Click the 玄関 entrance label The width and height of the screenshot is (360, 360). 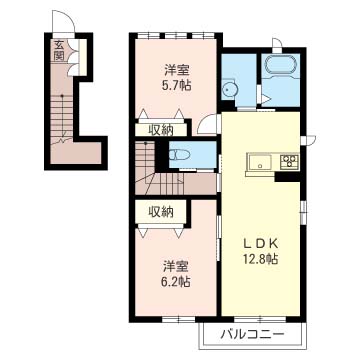[x=59, y=51]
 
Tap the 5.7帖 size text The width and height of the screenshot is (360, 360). [x=177, y=86]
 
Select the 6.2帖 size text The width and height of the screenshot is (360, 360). [x=177, y=282]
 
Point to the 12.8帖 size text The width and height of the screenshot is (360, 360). [x=261, y=259]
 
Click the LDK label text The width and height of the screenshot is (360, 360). [x=261, y=244]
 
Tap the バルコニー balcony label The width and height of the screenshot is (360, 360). [x=253, y=334]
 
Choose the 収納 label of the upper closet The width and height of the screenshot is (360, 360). [x=161, y=130]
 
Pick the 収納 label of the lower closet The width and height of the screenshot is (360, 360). [x=161, y=212]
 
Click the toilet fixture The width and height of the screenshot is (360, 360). [x=179, y=154]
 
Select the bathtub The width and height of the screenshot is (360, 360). [x=280, y=64]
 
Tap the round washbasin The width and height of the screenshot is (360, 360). [x=229, y=89]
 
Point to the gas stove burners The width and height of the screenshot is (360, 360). [x=289, y=162]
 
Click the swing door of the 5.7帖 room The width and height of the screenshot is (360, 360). [x=207, y=124]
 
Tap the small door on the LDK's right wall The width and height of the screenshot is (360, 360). [x=308, y=140]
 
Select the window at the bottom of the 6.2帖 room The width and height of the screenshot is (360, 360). [x=179, y=319]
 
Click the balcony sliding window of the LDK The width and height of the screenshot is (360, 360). [x=260, y=319]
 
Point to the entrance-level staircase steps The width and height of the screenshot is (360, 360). [x=62, y=117]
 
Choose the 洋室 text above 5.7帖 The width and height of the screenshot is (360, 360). [x=177, y=70]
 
